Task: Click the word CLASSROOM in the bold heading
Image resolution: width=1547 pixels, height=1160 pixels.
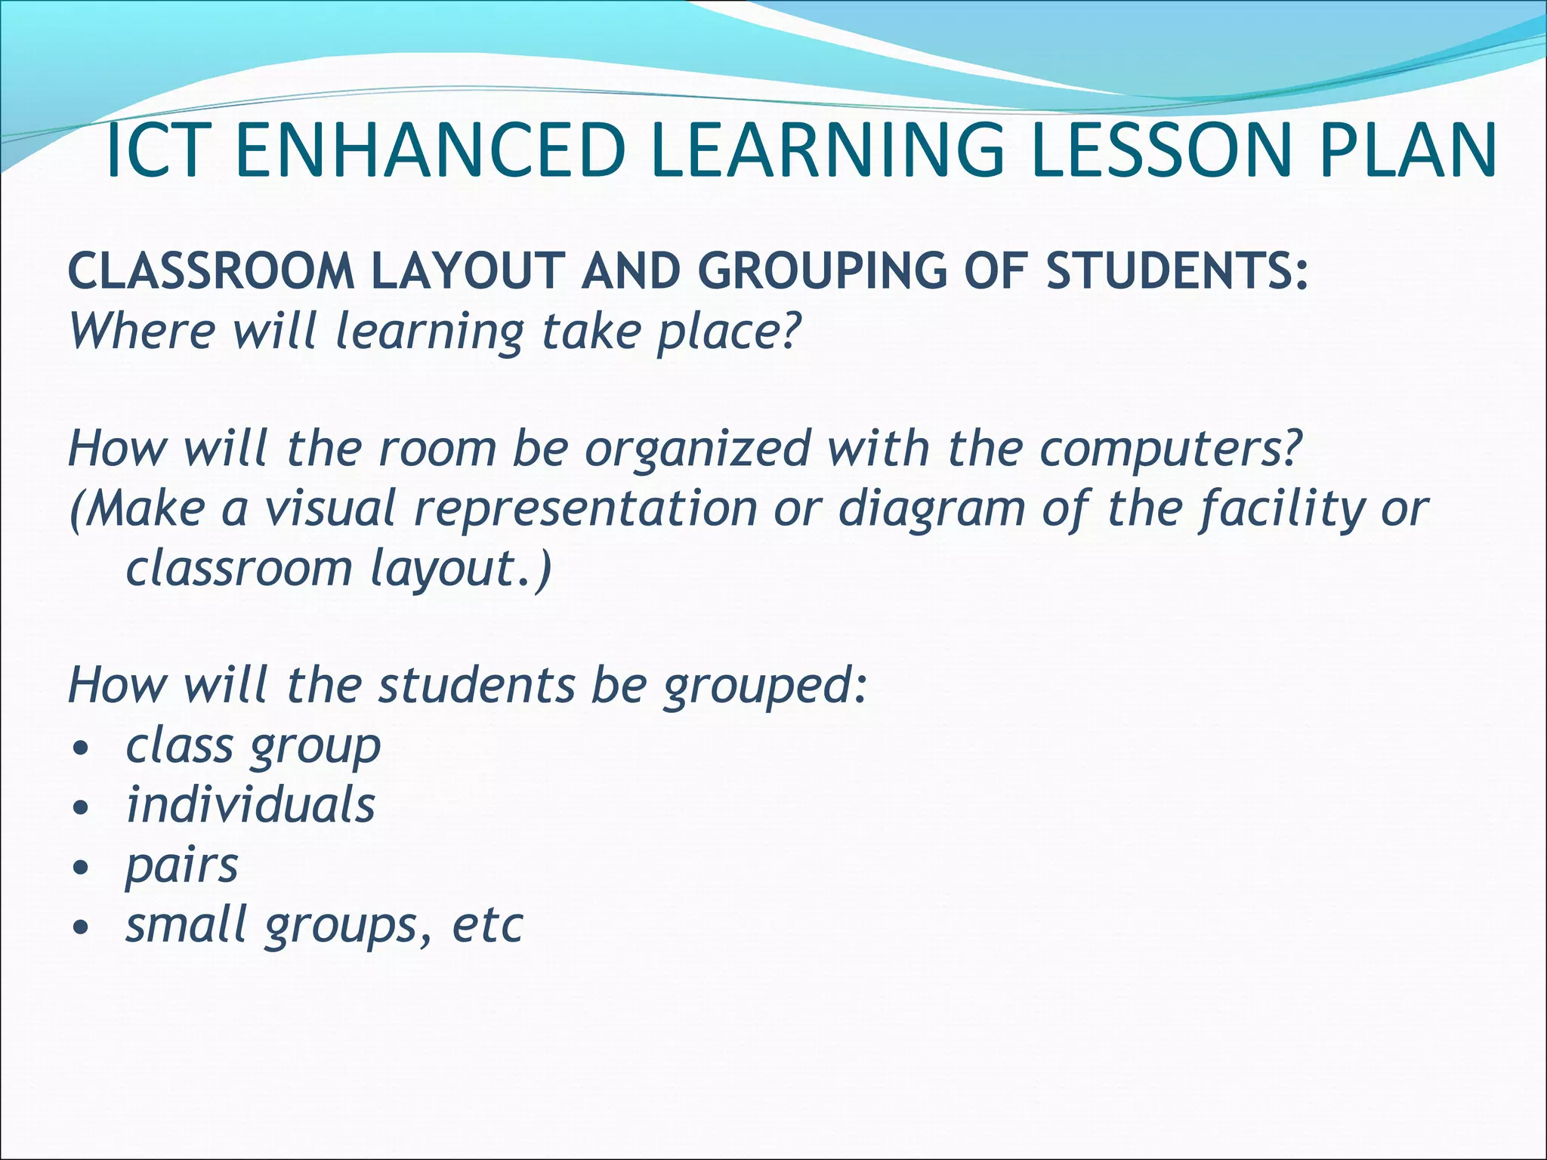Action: (x=212, y=271)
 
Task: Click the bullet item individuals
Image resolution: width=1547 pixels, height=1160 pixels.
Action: (x=250, y=805)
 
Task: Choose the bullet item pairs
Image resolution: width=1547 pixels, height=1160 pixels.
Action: (x=181, y=866)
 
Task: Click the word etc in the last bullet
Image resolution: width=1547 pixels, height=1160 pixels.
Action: (x=487, y=924)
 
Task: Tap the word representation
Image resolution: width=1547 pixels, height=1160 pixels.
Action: (x=586, y=509)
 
